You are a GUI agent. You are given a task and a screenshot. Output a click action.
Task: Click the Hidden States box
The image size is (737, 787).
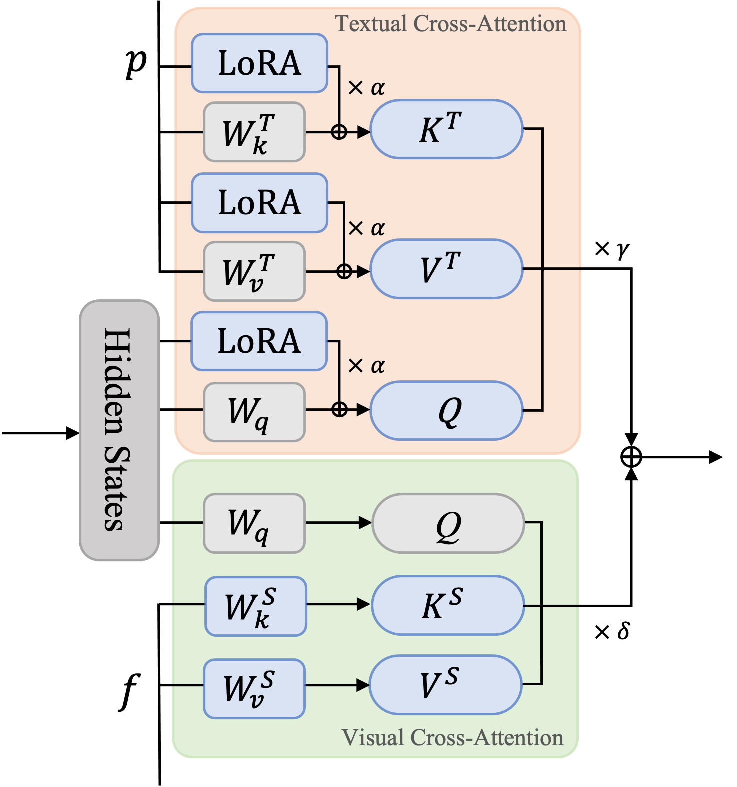click(x=119, y=430)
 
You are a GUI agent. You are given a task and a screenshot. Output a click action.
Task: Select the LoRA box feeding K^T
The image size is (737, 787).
click(x=259, y=63)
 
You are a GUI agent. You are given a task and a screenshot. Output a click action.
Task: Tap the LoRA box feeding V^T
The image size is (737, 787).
click(x=259, y=203)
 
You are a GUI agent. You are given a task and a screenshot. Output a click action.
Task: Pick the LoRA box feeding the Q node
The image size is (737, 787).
click(x=259, y=341)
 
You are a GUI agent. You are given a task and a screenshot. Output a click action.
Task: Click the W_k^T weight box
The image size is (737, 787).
click(x=254, y=132)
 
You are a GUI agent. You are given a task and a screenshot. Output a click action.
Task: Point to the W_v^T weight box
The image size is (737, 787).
click(x=254, y=271)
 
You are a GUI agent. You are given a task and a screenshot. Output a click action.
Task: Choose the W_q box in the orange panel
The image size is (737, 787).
click(x=254, y=412)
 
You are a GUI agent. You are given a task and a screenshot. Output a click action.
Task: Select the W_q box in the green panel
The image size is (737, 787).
click(x=254, y=523)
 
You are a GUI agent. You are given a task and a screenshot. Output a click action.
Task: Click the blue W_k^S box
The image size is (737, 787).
click(x=256, y=606)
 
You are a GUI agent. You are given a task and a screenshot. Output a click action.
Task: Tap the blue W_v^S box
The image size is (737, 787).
click(x=254, y=689)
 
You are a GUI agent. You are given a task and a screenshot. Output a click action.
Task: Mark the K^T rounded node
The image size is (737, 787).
click(x=446, y=129)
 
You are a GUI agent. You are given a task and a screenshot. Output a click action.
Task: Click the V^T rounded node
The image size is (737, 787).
click(x=446, y=269)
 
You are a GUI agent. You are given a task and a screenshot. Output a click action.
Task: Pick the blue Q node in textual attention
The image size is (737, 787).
click(x=446, y=410)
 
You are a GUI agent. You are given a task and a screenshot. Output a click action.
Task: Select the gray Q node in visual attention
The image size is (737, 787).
click(x=448, y=523)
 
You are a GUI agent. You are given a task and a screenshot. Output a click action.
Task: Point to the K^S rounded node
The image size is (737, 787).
click(x=448, y=605)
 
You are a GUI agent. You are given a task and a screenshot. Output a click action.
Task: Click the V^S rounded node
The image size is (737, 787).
click(x=445, y=685)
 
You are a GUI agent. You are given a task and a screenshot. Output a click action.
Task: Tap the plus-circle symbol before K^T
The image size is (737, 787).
click(x=339, y=132)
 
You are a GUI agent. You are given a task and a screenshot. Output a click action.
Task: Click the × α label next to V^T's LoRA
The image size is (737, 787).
click(x=366, y=228)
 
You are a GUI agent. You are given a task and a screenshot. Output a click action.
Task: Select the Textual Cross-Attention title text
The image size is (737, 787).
click(x=450, y=24)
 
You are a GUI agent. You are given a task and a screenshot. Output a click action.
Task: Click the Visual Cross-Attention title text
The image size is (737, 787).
click(x=452, y=738)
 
